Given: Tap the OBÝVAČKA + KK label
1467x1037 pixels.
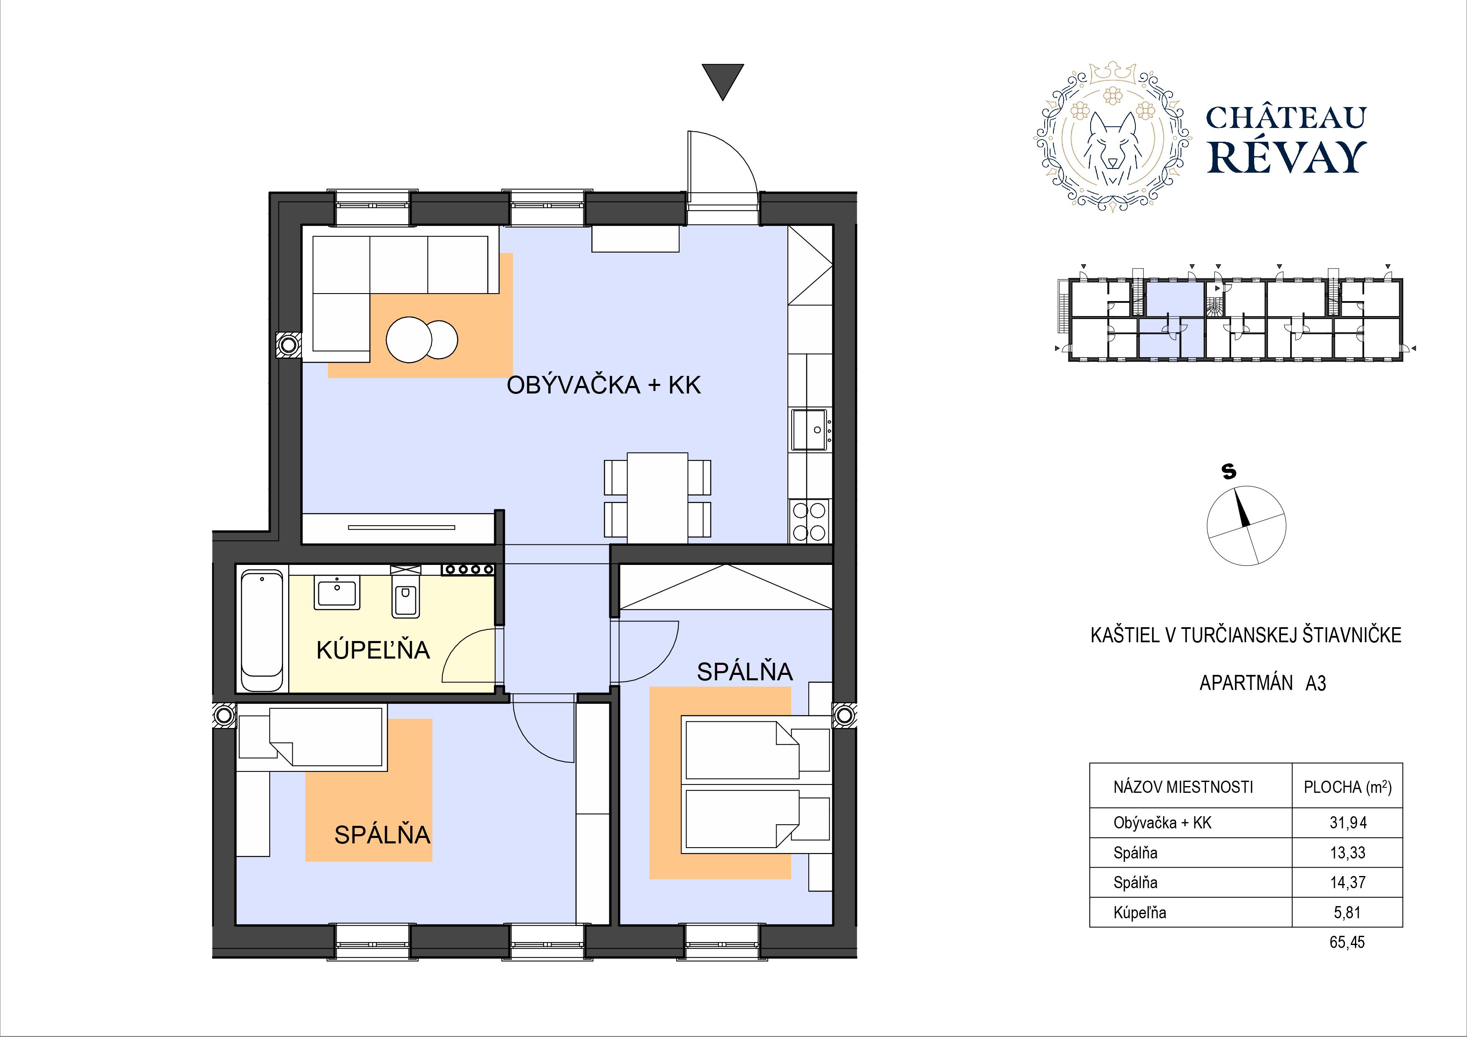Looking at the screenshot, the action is (604, 385).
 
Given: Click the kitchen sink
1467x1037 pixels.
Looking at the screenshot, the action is (810, 430).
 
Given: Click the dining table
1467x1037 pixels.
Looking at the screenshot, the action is (657, 498).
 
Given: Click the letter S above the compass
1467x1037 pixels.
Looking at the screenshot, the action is (1229, 472).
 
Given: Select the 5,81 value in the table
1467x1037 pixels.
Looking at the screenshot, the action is (1347, 912).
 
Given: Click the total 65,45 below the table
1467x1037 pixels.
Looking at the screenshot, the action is (1347, 942).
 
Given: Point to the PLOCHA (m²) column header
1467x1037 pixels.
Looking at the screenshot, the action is (1347, 787).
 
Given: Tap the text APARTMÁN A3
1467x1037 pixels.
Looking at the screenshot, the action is (1263, 683).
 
